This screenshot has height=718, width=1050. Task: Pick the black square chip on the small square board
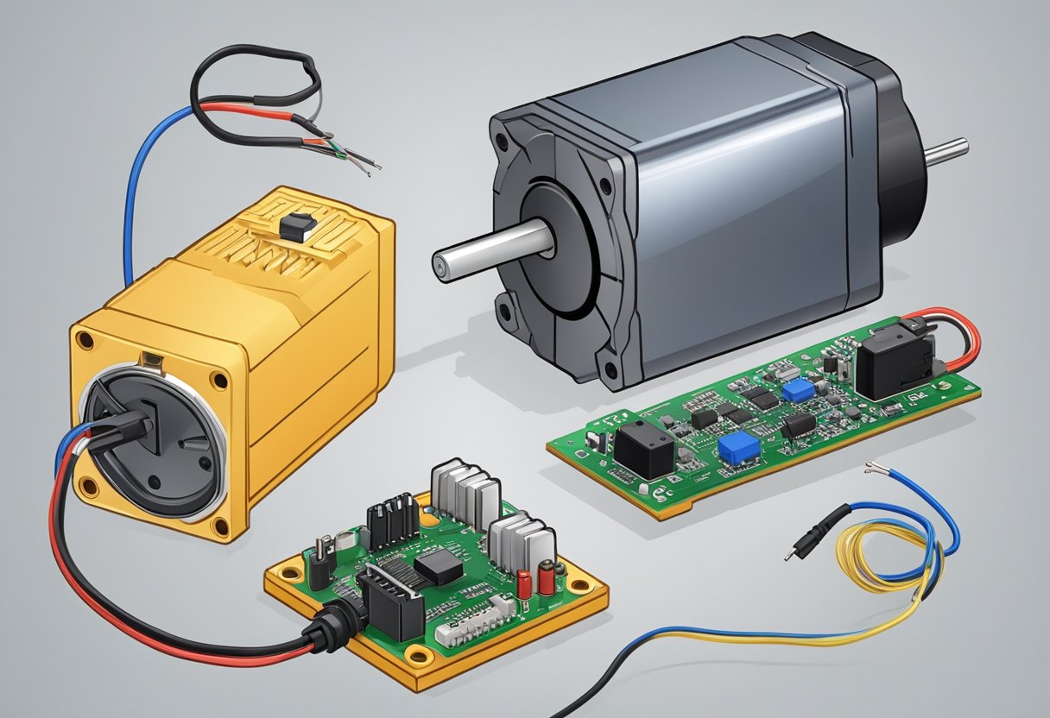coord(438,567)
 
